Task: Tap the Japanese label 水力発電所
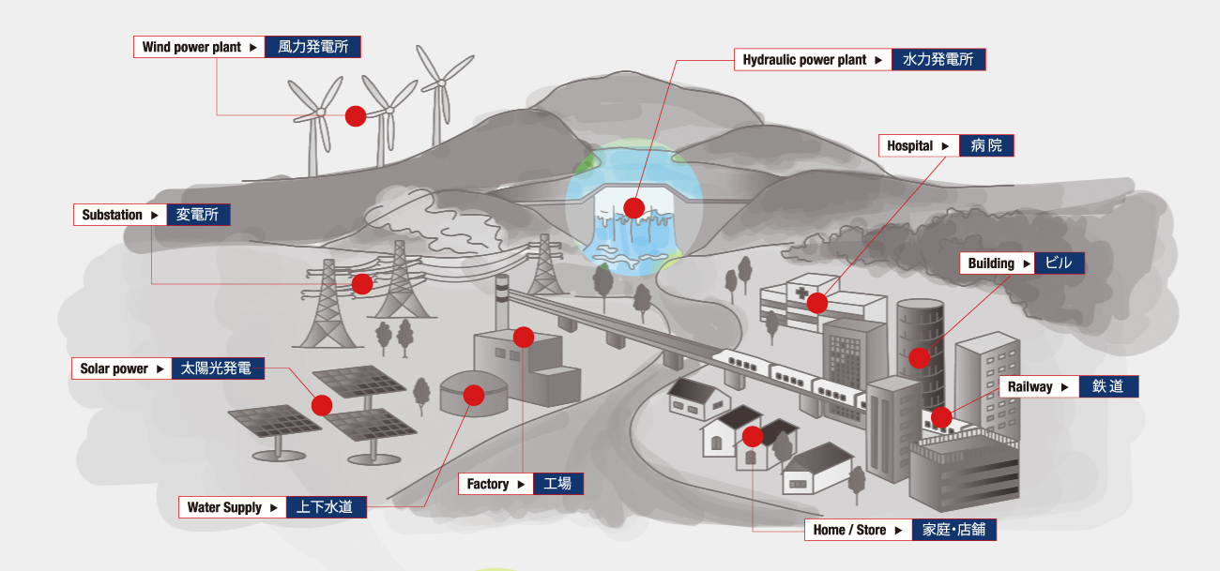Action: pyautogui.click(x=938, y=59)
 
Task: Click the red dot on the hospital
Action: pyautogui.click(x=817, y=303)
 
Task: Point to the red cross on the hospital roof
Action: pyautogui.click(x=801, y=293)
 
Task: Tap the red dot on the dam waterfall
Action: pyautogui.click(x=634, y=208)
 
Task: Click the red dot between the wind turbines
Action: pyautogui.click(x=356, y=116)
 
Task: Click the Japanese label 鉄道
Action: pyautogui.click(x=1108, y=386)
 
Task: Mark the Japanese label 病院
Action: pyautogui.click(x=986, y=146)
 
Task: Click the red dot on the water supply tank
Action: pyautogui.click(x=474, y=395)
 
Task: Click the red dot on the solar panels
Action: pyautogui.click(x=322, y=406)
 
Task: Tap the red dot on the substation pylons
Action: pyautogui.click(x=362, y=284)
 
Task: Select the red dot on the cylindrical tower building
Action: pyautogui.click(x=920, y=358)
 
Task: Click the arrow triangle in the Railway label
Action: pyautogui.click(x=1065, y=387)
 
